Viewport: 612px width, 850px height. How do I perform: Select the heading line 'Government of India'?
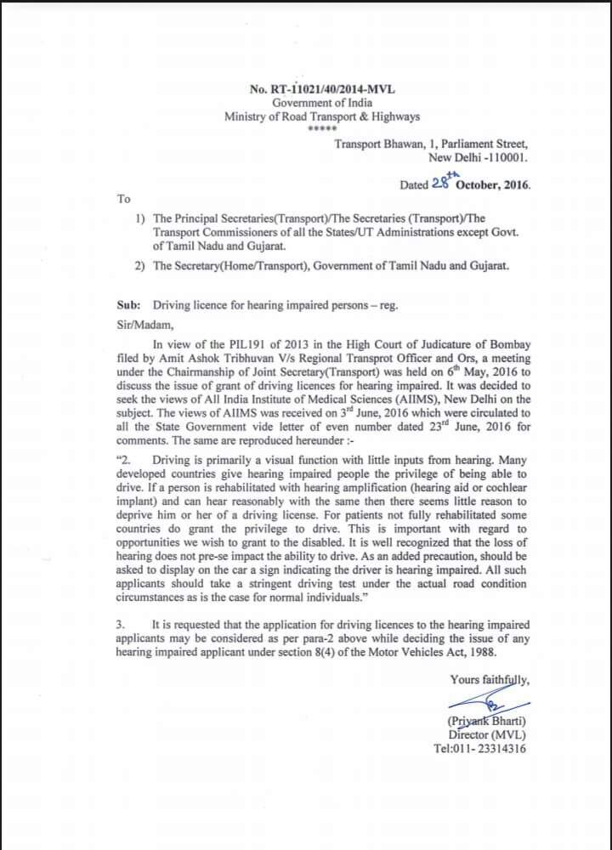tap(321, 103)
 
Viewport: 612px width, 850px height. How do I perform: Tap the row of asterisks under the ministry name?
tap(321, 129)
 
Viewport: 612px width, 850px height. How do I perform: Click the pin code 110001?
tap(505, 158)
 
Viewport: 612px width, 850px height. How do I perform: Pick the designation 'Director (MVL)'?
tap(486, 734)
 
